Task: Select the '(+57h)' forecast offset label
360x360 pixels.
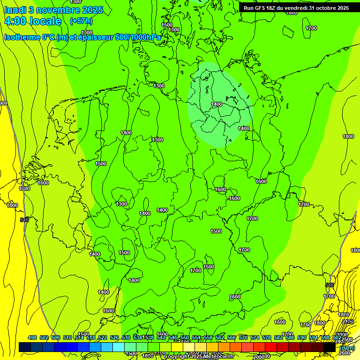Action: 81,21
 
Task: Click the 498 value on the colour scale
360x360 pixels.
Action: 32,337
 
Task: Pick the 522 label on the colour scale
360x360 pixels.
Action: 103,337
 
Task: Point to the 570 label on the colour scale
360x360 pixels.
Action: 243,337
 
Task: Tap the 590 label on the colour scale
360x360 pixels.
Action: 302,337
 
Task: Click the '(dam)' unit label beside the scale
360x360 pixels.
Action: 347,348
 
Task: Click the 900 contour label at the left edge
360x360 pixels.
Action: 3,103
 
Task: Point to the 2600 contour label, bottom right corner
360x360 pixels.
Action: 345,352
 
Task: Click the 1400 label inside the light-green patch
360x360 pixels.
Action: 217,104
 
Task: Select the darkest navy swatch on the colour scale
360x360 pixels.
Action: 25,347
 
